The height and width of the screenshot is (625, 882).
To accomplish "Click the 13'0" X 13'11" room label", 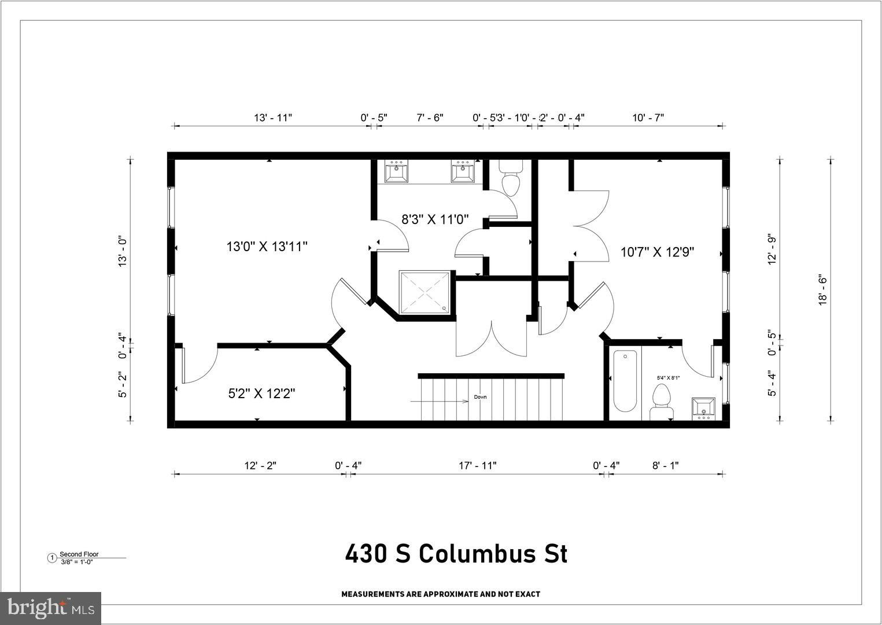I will click(x=267, y=247).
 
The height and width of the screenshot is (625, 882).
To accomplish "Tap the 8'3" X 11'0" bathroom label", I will click(x=435, y=219).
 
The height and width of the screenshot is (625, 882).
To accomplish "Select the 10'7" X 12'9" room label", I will click(x=657, y=252).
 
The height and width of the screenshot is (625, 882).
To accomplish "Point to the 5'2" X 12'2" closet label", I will click(x=261, y=394).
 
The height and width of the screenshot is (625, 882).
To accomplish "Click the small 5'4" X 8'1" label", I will click(x=668, y=378).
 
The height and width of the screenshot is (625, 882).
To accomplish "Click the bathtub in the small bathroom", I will click(x=625, y=381).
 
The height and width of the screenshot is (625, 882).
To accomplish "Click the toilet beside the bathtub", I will click(x=660, y=402).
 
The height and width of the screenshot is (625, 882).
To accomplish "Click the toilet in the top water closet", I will click(x=511, y=178).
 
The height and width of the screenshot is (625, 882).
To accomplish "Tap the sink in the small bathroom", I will click(x=703, y=408).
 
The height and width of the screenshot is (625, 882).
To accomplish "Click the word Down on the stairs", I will click(x=481, y=397).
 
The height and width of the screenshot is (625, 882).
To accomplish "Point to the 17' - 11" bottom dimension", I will click(x=478, y=465).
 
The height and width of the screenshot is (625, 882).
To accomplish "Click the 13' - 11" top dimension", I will click(x=273, y=117).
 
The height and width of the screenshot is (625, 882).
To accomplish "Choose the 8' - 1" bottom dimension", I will click(x=666, y=465).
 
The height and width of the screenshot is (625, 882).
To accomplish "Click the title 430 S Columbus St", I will click(x=456, y=554).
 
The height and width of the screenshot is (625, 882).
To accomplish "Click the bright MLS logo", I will click(x=51, y=608).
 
